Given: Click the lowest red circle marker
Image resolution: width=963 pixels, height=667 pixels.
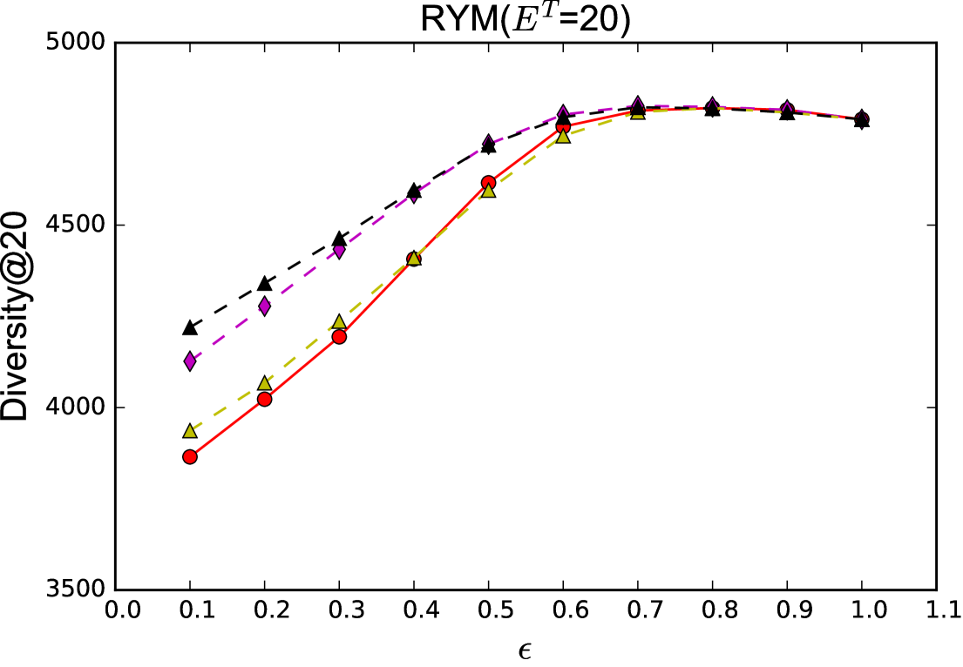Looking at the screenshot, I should tap(190, 456).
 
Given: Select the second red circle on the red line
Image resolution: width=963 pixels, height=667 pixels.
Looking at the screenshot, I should tap(264, 399).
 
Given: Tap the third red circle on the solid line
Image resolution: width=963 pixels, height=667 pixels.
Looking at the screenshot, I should tap(339, 336).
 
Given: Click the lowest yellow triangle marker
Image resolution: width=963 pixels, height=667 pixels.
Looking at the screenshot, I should tap(190, 431).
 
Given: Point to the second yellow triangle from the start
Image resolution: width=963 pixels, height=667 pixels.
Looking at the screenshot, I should tap(264, 383).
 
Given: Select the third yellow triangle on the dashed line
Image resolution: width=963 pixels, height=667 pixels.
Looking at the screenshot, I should tap(339, 322).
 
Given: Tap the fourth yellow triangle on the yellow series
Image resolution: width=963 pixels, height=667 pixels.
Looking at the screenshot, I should tap(414, 258).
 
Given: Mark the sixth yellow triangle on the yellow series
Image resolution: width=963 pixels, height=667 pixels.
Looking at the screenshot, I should tap(563, 136).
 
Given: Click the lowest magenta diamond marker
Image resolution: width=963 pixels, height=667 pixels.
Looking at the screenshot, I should tap(190, 360).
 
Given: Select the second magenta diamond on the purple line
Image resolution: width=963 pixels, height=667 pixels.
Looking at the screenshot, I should tap(264, 307).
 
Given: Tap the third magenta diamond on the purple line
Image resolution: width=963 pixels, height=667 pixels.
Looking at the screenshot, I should tap(339, 252).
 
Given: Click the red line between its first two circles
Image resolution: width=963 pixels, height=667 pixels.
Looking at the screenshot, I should tap(227, 428).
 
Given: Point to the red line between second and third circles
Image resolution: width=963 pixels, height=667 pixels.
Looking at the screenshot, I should tap(302, 368).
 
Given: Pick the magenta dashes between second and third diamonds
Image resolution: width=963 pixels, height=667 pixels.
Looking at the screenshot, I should tap(302, 279).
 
